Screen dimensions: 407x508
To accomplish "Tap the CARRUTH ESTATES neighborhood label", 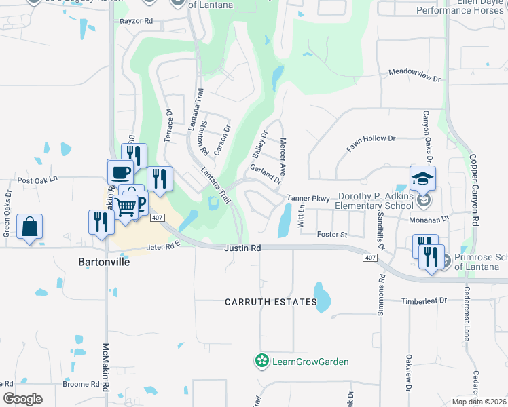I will pos(272,301).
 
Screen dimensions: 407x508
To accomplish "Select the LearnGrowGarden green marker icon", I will pos(261,362).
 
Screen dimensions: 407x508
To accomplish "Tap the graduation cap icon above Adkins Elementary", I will pos(422,178).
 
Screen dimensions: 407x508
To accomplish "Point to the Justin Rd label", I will pos(242,248).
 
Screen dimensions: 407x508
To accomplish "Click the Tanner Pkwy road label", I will pos(308,199).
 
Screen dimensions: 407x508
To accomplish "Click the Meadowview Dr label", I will pos(415,75).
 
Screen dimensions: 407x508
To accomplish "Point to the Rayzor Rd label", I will pos(136,22).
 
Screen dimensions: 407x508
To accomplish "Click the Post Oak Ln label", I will pos(39,180).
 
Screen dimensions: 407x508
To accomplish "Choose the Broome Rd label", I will pos(81,384).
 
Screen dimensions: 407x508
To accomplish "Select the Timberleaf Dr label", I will pos(423,300).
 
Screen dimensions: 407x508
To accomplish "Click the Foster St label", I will pos(332,235).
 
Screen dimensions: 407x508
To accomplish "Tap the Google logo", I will pos(22,399).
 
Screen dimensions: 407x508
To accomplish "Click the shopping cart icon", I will pos(126,206).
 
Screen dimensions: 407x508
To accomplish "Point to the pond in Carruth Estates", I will pos(323,296).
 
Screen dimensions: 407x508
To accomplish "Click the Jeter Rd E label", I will pos(162,248).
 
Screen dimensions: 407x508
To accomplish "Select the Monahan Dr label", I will pos(429,220).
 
